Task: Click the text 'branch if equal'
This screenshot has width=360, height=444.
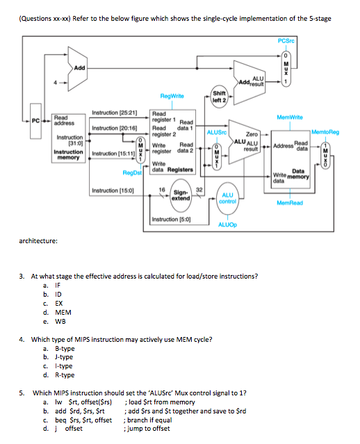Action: (148, 420)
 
